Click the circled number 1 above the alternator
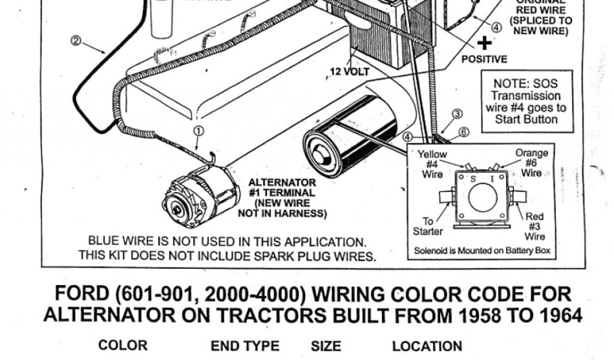tap(199, 131)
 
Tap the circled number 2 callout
tap(76, 41)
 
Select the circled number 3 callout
tap(458, 114)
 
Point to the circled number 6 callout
tap(464, 132)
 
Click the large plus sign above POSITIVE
tap(484, 43)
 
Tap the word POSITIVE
tap(484, 59)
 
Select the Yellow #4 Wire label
tap(432, 164)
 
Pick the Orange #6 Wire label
tap(531, 163)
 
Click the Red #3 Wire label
tap(535, 227)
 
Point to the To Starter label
tap(428, 226)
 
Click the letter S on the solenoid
tap(472, 179)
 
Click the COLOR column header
tap(122, 346)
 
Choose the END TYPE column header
tap(245, 346)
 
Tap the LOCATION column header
tap(427, 346)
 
